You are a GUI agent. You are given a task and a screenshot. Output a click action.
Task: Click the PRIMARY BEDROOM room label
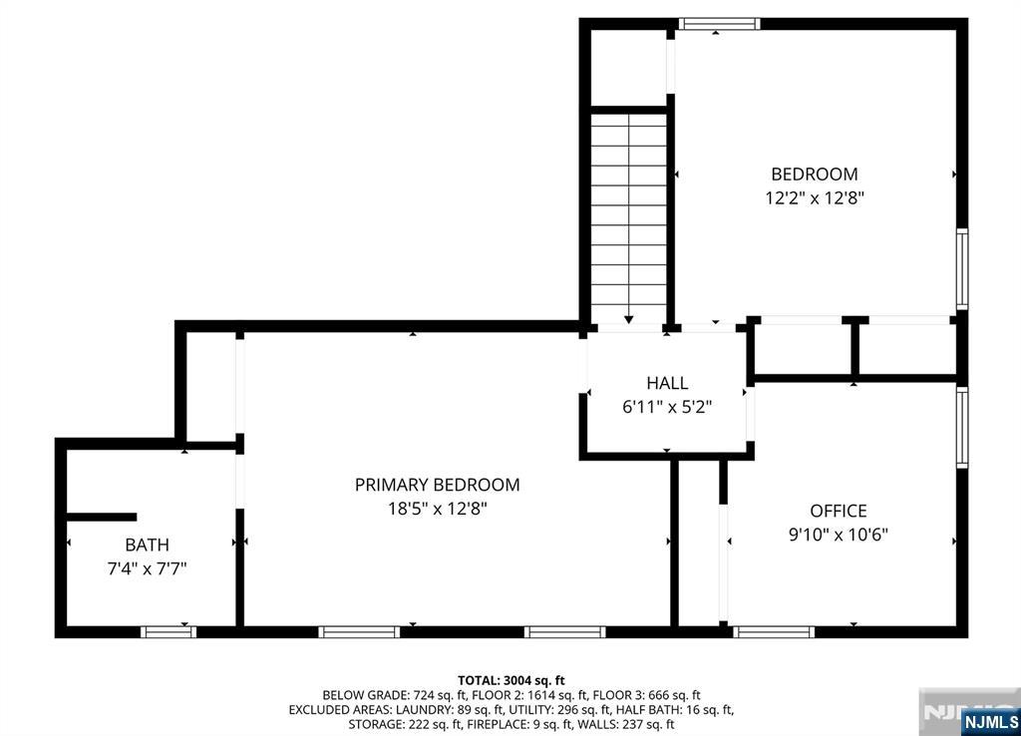(437, 485)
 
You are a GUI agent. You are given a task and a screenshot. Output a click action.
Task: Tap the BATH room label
(148, 545)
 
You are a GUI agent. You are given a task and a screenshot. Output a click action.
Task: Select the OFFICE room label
(838, 511)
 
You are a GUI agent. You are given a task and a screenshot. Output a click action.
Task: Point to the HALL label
(667, 383)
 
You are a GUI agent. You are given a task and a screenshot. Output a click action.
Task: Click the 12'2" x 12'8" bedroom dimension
(814, 198)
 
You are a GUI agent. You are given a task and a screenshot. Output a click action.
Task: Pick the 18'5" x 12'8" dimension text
(438, 508)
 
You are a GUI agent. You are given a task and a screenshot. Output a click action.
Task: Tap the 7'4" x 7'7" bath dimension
(148, 568)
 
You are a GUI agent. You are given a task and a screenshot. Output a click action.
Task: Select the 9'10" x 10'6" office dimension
(838, 535)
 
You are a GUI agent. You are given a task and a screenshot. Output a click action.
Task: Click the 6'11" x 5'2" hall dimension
(667, 407)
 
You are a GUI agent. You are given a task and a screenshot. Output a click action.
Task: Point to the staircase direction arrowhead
(628, 319)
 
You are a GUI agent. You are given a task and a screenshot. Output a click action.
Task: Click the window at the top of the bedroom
(719, 24)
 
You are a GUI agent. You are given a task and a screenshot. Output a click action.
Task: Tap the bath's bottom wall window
(168, 632)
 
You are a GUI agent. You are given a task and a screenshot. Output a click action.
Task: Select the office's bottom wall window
(774, 632)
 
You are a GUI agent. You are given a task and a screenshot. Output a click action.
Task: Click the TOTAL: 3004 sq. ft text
(510, 681)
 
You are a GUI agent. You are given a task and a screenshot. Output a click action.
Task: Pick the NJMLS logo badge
(991, 722)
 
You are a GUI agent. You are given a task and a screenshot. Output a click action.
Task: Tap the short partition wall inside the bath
(102, 518)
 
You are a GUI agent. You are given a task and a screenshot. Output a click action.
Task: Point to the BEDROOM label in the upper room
(814, 174)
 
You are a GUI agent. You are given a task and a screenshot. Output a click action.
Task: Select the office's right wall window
(962, 427)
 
